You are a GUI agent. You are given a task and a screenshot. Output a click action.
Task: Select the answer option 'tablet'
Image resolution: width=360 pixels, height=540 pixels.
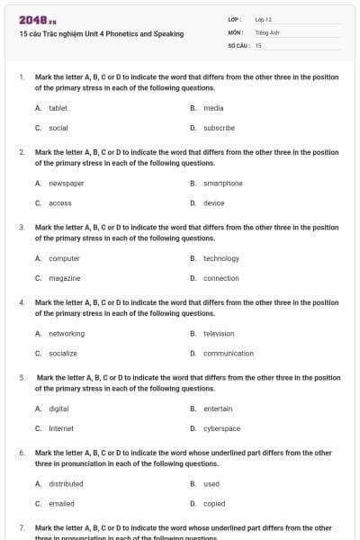[58, 108]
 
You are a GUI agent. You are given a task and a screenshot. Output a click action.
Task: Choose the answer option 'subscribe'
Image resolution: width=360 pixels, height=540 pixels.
[219, 128]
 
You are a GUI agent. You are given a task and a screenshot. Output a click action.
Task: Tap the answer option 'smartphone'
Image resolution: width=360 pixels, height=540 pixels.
[222, 184]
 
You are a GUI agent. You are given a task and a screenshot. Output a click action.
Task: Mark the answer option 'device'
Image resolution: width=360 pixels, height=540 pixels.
[213, 203]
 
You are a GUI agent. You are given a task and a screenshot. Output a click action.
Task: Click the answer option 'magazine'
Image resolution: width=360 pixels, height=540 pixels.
[64, 278]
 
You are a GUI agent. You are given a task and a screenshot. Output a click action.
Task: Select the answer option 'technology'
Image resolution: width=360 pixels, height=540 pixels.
[221, 258]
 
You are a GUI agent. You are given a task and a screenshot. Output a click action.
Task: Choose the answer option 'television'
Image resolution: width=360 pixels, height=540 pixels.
[219, 334]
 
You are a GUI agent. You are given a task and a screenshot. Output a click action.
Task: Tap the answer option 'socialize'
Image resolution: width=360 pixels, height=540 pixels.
[62, 354]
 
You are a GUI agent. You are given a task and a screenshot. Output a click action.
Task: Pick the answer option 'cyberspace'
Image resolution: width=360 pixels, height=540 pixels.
[221, 428]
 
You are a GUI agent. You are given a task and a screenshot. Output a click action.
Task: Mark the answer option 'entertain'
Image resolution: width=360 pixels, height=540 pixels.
[218, 409]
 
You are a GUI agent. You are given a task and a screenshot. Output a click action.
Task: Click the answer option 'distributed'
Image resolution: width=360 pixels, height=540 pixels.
[65, 484]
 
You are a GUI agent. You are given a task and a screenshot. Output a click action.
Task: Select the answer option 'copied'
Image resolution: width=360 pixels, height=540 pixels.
[213, 504]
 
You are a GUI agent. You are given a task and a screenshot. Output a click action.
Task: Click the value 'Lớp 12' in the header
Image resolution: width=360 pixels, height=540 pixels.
[263, 19]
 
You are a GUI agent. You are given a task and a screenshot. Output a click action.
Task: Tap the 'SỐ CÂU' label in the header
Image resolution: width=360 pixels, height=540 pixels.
[238, 44]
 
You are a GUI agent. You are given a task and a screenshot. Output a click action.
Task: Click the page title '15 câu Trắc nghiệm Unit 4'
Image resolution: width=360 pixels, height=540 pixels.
[101, 34]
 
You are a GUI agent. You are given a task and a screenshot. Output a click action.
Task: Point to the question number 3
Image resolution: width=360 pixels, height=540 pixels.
[22, 227]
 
